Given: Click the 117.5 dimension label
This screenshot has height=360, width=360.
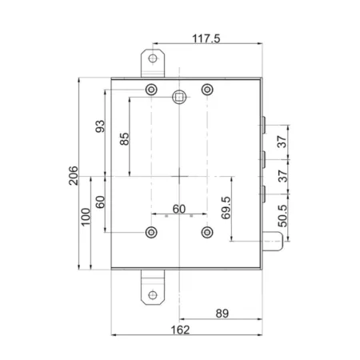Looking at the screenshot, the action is (x=206, y=38).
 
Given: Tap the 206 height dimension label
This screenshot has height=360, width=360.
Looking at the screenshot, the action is (x=74, y=175).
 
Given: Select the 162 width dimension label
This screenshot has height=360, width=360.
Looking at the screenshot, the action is (x=180, y=330).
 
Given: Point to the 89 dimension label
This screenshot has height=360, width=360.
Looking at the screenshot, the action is (x=222, y=314).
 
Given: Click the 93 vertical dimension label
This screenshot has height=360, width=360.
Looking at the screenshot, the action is (x=100, y=126).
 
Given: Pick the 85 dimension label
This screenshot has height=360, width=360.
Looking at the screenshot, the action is (x=124, y=139).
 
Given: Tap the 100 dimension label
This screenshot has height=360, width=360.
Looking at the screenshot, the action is (x=86, y=217).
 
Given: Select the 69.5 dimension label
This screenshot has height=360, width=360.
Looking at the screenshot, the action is (x=226, y=208).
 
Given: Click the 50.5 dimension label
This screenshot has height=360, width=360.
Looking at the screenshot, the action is (x=282, y=216).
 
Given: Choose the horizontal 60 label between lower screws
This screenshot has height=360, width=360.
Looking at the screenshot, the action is (x=179, y=209).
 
